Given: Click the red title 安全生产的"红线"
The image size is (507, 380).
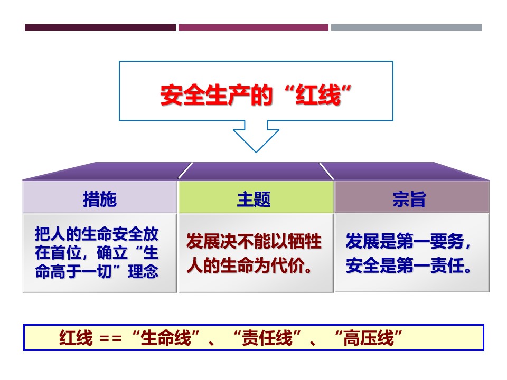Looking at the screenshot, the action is point(256,95).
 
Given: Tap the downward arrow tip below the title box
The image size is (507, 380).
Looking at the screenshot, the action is point(256,152).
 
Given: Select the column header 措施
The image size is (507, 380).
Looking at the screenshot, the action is point(100,199).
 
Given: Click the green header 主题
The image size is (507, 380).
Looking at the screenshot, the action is point(254,199).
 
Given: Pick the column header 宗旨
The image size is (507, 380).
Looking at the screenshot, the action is point(409,199).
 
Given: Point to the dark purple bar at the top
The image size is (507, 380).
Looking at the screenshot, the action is point(100,27).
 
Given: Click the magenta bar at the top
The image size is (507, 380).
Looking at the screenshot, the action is point(253,27).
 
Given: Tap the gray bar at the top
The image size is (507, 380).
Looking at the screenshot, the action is point(406,27).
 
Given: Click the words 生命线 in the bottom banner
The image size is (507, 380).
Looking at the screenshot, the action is point(166,338).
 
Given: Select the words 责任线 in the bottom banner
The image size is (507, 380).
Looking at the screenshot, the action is point(267,338).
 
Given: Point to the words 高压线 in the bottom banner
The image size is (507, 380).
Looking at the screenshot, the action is point(369,338).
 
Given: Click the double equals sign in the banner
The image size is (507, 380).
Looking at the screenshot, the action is point(110,339).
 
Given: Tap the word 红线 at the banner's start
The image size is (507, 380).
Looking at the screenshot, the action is point(76,338).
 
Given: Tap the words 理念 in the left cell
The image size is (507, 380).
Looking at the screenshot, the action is point(143,271).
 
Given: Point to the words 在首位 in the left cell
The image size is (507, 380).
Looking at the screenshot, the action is point(58,253).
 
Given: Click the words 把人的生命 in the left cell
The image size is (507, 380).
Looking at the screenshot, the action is point(74,234).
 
